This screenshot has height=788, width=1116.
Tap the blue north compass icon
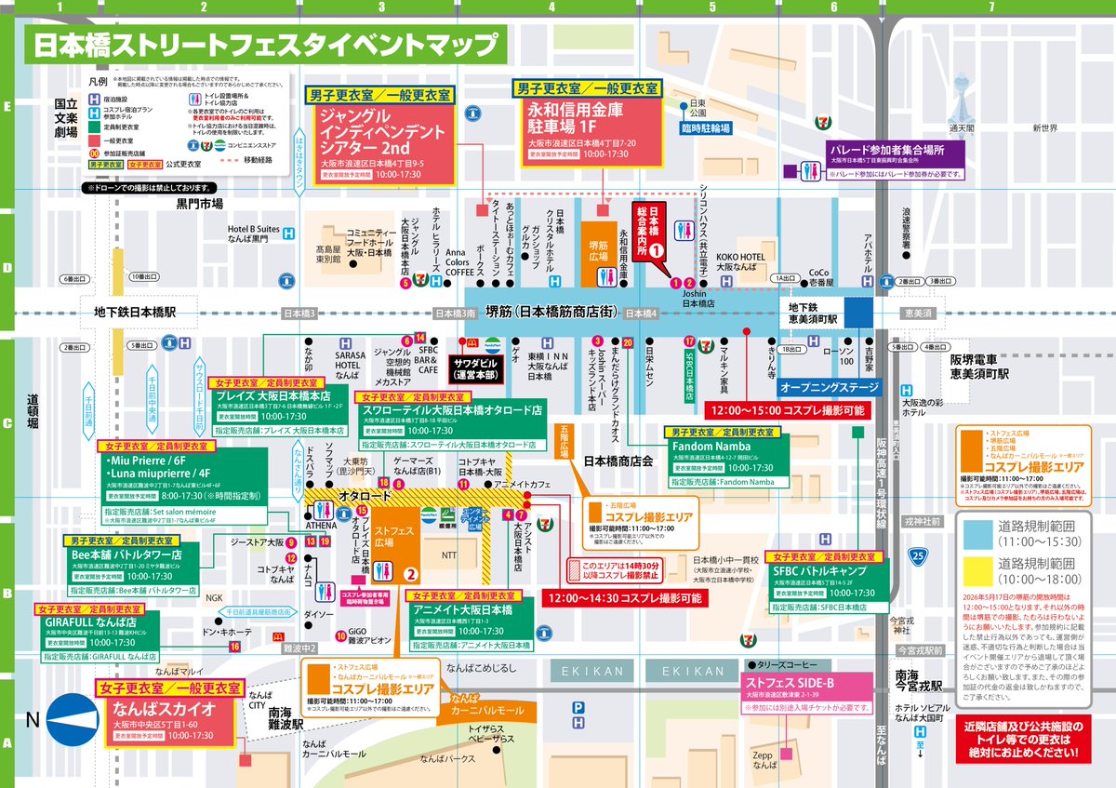[72, 719]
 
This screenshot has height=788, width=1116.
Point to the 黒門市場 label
[200, 203]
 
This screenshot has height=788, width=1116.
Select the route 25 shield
[918, 555]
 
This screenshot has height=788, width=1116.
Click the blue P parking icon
[578, 707]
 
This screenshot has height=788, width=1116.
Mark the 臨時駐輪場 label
[705, 127]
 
